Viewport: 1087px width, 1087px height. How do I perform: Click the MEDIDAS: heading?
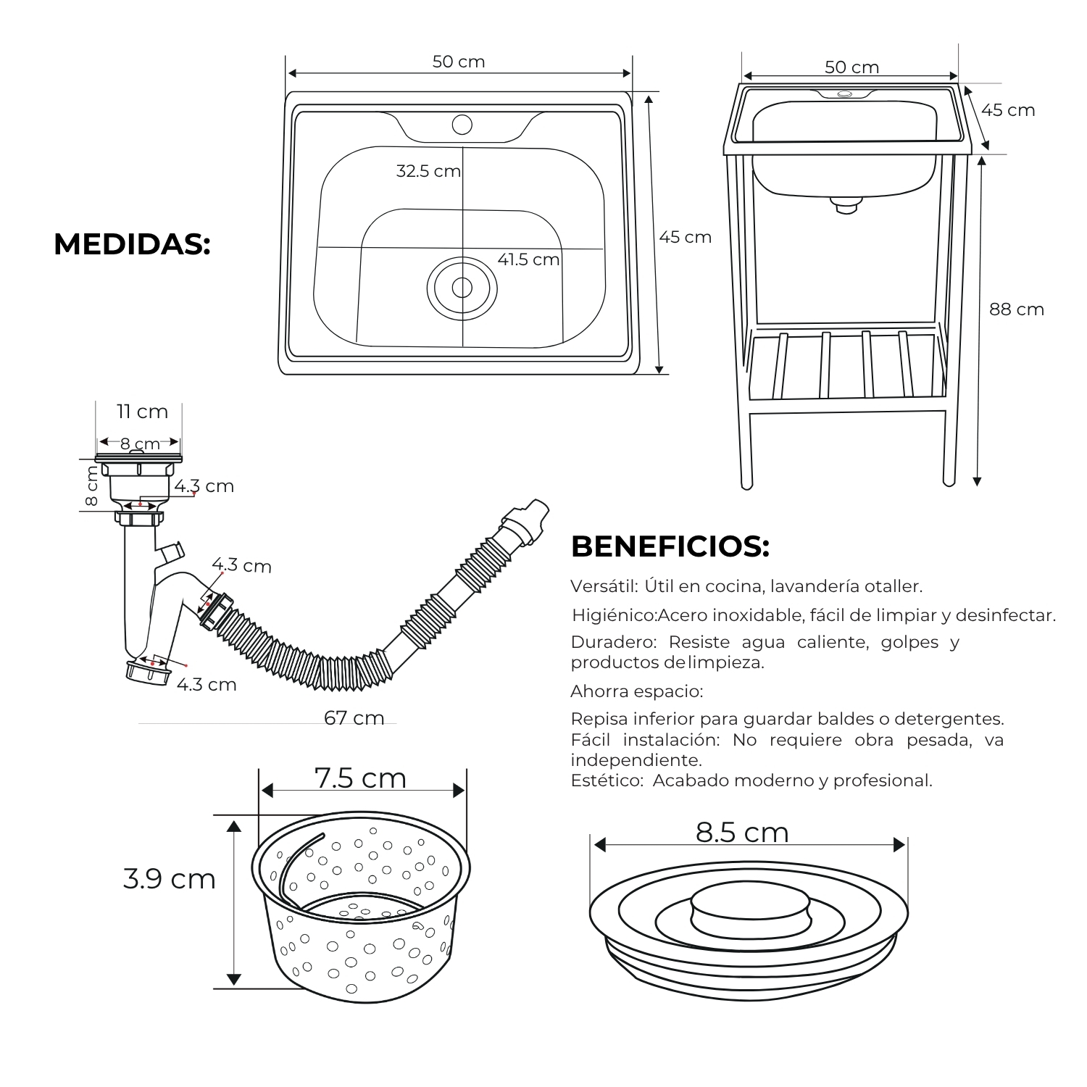click(x=132, y=244)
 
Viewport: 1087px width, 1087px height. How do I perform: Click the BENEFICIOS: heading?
click(x=670, y=546)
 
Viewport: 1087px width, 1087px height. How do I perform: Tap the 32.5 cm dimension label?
click(x=428, y=171)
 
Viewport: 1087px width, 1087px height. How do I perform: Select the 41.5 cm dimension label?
click(x=528, y=259)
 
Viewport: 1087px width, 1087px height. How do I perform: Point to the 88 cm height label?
click(x=1017, y=309)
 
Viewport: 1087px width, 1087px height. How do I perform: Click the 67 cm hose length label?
click(x=354, y=717)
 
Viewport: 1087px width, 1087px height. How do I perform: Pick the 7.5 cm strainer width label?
click(x=360, y=778)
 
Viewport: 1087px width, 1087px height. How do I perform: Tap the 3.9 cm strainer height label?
click(x=170, y=879)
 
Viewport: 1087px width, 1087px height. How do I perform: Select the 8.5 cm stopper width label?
click(x=742, y=833)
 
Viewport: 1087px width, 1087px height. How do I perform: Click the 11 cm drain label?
click(x=143, y=412)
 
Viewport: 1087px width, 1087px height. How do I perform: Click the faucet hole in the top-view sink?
click(x=462, y=125)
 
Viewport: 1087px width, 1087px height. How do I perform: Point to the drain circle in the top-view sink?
click(x=462, y=288)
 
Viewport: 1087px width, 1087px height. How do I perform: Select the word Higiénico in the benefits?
click(x=614, y=616)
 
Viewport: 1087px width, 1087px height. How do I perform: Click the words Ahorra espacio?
click(x=637, y=691)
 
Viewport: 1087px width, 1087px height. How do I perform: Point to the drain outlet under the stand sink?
click(x=845, y=204)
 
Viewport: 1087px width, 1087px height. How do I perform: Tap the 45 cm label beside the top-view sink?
click(x=685, y=237)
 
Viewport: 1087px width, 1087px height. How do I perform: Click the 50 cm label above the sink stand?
click(x=851, y=67)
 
